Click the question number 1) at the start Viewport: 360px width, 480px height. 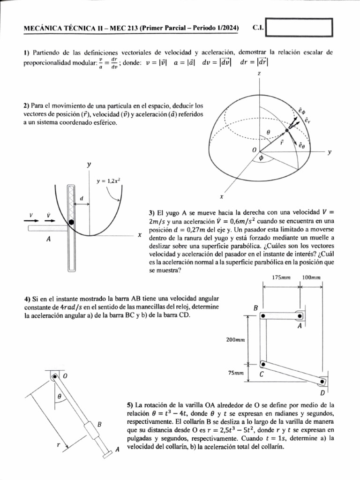coord(27,53)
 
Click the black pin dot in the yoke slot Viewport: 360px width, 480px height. coord(71,221)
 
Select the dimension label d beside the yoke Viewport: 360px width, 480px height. coord(81,199)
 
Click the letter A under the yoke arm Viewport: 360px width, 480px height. coord(49,239)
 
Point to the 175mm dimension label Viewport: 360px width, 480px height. coord(281,277)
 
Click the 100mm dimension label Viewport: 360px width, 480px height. coord(311,277)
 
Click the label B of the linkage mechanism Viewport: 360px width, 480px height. coord(256,308)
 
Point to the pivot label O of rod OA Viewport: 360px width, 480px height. coord(65,376)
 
